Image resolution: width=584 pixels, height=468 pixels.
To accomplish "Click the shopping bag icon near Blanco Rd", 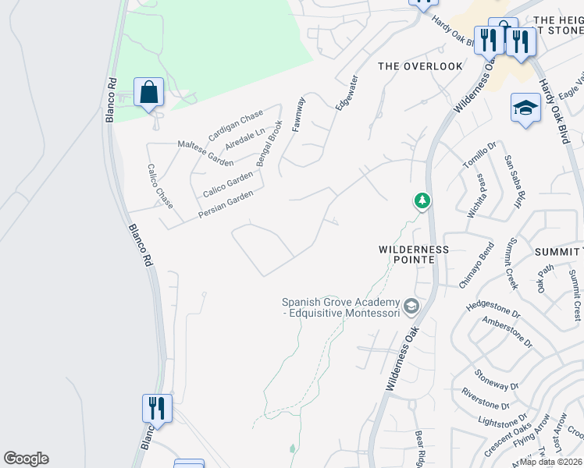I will (x=148, y=93).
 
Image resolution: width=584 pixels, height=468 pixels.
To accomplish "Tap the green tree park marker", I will (x=422, y=201).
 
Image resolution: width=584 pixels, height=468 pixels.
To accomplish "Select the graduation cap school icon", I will (x=525, y=108).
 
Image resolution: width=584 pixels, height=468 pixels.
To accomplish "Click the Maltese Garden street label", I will (x=205, y=153).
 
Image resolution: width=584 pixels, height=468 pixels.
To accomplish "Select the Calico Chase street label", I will (x=159, y=192).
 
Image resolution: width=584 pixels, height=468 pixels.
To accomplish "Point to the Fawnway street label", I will (x=298, y=114).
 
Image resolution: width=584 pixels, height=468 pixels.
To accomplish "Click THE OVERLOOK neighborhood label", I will (x=420, y=66).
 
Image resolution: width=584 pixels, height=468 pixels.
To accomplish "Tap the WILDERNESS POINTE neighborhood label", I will (x=414, y=254).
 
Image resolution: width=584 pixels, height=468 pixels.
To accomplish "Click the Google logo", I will (x=26, y=459).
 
